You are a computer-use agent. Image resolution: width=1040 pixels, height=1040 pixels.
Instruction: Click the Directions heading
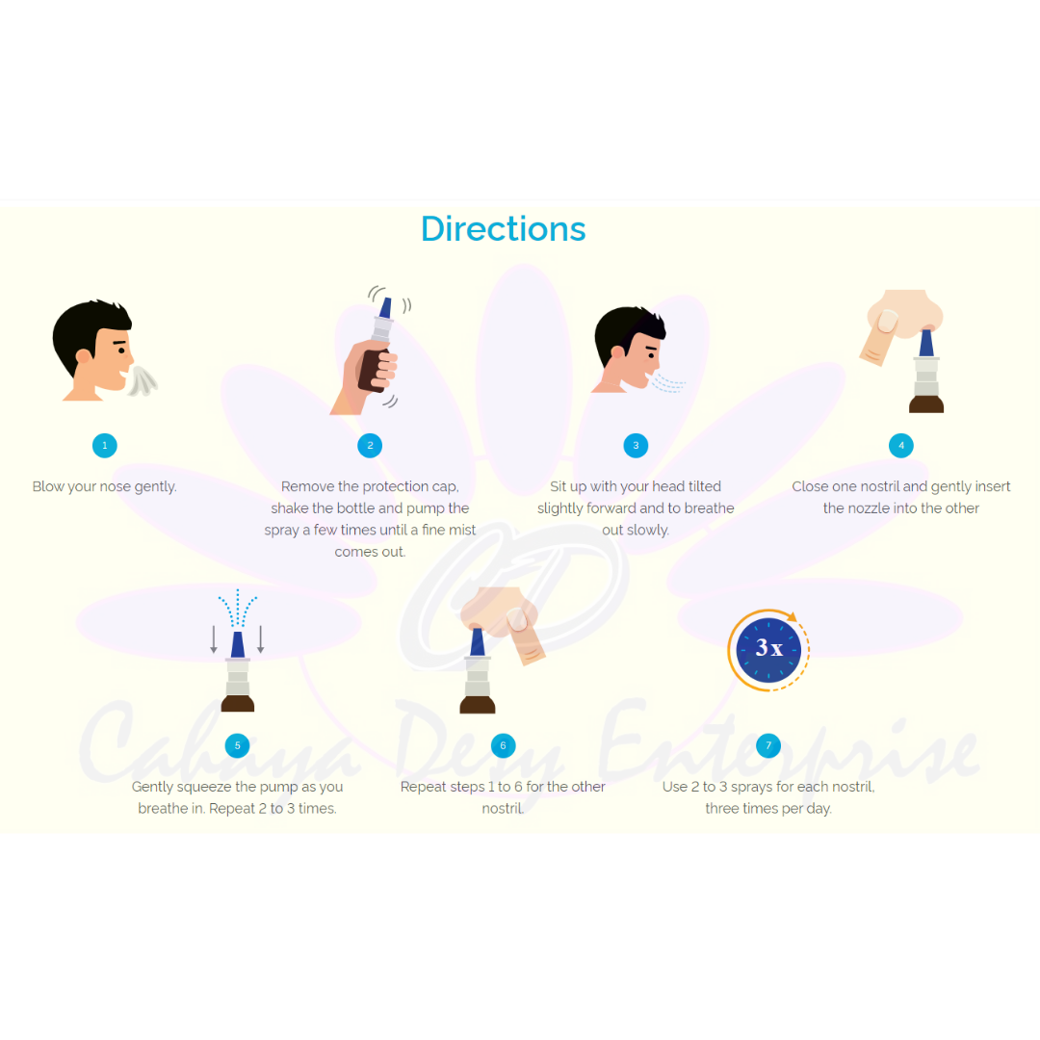(x=503, y=229)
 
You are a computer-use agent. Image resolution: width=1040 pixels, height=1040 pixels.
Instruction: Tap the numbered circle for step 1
(x=104, y=445)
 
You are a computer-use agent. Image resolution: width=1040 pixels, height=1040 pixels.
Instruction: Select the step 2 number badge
(x=370, y=445)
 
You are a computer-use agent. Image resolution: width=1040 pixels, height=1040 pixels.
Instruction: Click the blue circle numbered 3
(x=635, y=445)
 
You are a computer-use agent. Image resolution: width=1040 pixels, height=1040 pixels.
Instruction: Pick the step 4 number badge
(x=901, y=445)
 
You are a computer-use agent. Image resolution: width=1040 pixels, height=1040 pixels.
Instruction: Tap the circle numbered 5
(x=237, y=745)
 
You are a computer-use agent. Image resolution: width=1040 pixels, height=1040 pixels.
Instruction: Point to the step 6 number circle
(x=503, y=745)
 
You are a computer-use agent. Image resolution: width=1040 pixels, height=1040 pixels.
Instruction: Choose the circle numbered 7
(x=767, y=745)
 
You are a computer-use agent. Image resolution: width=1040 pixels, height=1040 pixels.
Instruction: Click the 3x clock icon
(x=768, y=648)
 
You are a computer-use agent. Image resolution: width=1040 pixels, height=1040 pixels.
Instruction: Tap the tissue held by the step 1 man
(x=143, y=380)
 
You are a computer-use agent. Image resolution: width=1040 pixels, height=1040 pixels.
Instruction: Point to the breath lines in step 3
(x=668, y=384)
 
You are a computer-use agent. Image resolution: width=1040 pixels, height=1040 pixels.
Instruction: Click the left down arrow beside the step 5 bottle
(x=214, y=639)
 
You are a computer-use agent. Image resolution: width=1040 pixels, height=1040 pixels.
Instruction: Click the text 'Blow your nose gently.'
(x=104, y=486)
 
